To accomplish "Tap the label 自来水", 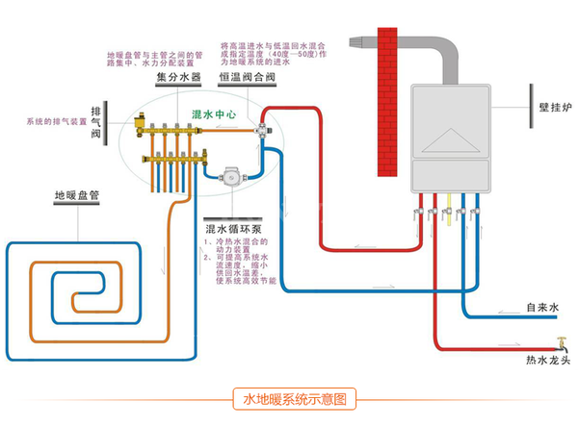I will pos(542,309).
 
